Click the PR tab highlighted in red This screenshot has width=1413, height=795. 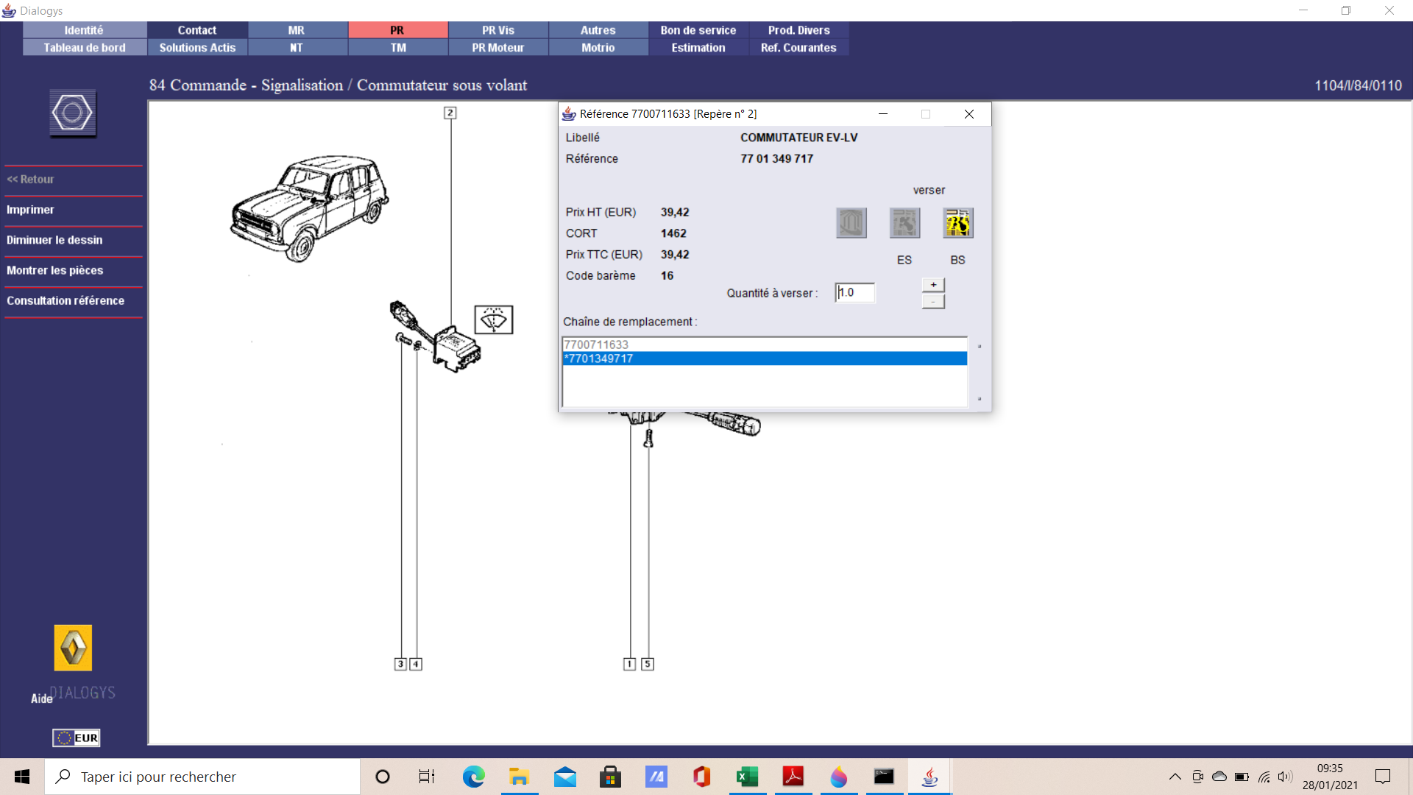click(397, 30)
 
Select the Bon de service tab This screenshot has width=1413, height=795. click(698, 30)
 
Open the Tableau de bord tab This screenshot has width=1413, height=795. click(85, 48)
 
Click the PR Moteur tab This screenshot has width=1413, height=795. click(498, 48)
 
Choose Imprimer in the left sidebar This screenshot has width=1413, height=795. click(30, 210)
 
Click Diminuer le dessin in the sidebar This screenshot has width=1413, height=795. click(54, 240)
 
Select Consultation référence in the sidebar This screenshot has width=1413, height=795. click(65, 300)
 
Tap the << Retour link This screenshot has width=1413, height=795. click(30, 180)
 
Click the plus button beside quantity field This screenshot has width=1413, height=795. click(933, 285)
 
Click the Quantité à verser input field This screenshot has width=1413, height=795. click(855, 293)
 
